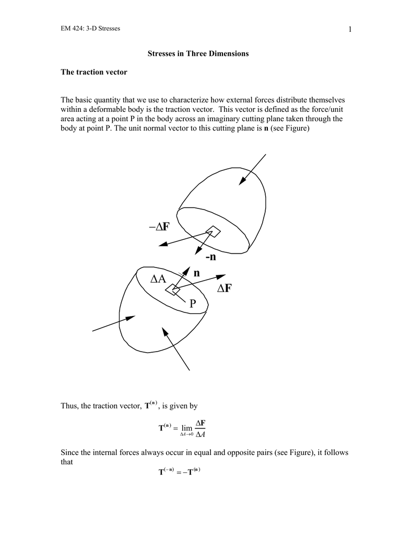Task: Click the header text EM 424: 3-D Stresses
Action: point(91,28)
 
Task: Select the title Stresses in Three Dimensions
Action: point(198,54)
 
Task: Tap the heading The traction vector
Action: point(94,72)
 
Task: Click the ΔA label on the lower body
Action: point(158,280)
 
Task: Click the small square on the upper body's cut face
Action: point(213,231)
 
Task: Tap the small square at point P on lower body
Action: point(172,289)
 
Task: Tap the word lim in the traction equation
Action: point(187,427)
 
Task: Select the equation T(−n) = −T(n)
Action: point(180,472)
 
